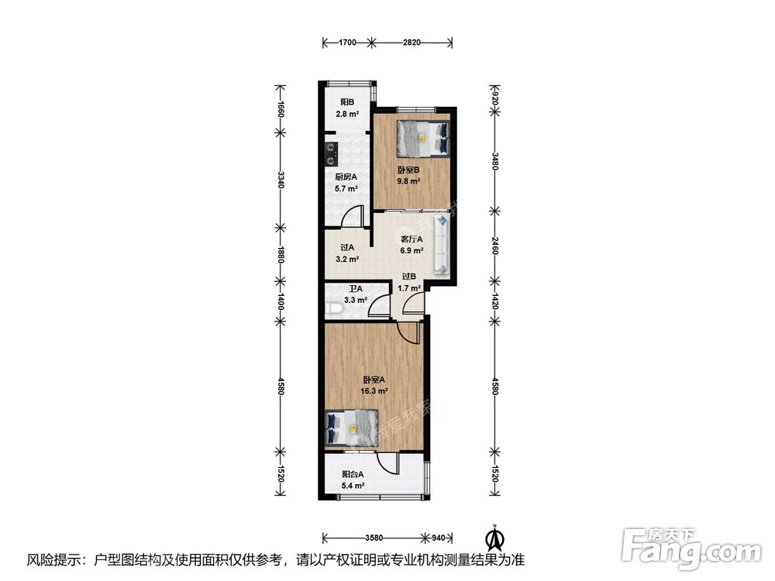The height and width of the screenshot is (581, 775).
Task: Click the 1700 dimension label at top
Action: pos(347,43)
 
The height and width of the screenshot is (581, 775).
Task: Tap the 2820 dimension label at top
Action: pos(412,43)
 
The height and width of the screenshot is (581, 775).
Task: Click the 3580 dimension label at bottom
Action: pos(374,537)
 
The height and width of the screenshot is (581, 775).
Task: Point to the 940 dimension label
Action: pos(439,537)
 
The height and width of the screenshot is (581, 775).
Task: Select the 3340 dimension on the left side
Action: pos(281,180)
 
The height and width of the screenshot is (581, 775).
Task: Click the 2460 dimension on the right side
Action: pos(494,246)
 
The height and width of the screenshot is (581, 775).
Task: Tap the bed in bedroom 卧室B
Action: pos(423,139)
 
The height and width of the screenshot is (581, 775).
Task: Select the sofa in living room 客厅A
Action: pos(442,244)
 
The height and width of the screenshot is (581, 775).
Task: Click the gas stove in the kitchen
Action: pos(331,153)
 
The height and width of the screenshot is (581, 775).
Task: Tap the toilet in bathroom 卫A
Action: pos(334,308)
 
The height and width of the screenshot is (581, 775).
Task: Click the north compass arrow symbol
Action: pos(493,538)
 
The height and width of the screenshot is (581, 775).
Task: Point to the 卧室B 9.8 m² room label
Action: pos(408,175)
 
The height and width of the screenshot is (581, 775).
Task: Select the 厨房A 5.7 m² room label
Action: pos(346,182)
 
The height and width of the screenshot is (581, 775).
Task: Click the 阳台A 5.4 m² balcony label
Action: pos(353,480)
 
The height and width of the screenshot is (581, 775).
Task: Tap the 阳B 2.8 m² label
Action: pos(347,108)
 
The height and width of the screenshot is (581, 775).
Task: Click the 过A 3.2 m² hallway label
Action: pos(347,253)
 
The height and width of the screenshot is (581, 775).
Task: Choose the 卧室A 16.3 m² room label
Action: pos(374,385)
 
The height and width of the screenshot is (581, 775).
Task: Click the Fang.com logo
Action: pos(691,548)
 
